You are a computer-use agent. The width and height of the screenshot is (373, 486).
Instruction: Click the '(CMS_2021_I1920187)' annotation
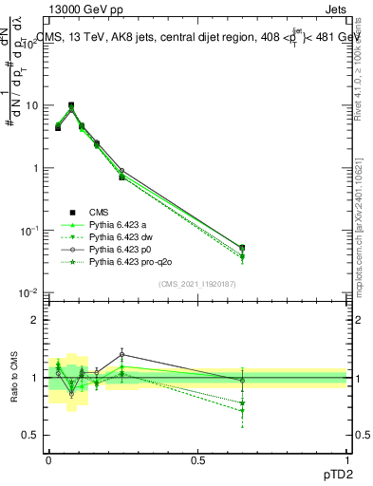(196, 283)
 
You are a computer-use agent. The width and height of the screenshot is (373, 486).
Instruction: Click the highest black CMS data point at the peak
(71, 105)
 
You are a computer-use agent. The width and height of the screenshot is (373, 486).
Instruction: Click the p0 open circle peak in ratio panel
(121, 355)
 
